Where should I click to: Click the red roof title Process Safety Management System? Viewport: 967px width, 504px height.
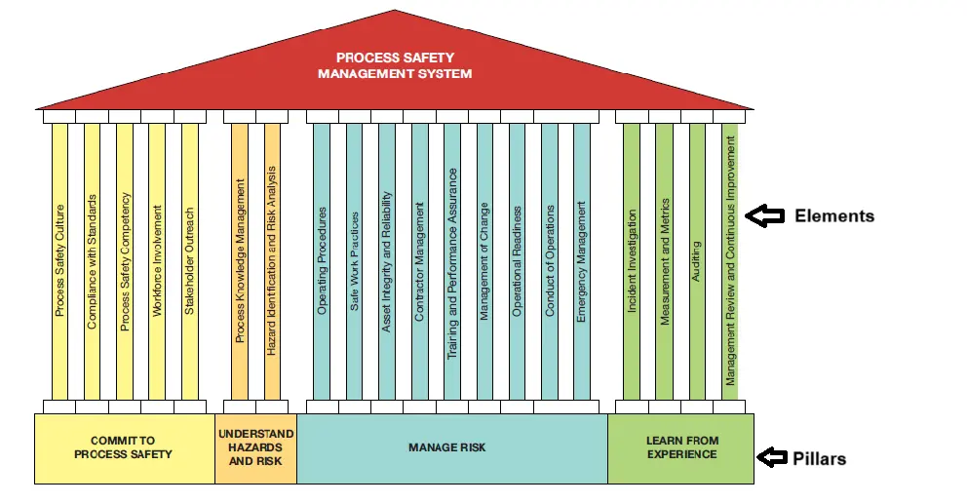pos(395,65)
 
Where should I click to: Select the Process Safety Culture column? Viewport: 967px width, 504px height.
pos(59,260)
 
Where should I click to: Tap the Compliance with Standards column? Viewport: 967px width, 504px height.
pos(92,260)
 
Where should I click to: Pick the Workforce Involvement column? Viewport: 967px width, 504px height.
pos(157,260)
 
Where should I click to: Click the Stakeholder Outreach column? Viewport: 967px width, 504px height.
pos(190,260)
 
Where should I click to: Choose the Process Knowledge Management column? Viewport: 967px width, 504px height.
pos(240,260)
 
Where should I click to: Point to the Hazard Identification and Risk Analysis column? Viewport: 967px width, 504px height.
pos(272,260)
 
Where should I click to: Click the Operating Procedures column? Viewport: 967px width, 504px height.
pos(322,260)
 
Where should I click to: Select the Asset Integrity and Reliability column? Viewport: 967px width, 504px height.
pos(387,260)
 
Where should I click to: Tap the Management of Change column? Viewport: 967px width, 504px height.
pos(484,260)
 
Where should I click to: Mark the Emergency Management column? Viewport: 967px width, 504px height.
pos(582,260)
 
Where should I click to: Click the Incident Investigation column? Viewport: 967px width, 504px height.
pos(632,260)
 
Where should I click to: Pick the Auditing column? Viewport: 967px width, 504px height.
pos(696,260)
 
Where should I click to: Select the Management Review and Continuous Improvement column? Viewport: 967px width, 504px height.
pos(730,260)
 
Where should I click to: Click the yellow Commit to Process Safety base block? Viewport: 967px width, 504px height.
pos(124,448)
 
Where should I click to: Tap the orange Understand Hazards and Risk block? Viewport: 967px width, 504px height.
pos(255,447)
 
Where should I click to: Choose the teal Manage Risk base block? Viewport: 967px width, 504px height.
pos(451,448)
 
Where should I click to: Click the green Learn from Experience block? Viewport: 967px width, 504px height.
pos(681,448)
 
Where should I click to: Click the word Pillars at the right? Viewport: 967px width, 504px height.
pos(820,458)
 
